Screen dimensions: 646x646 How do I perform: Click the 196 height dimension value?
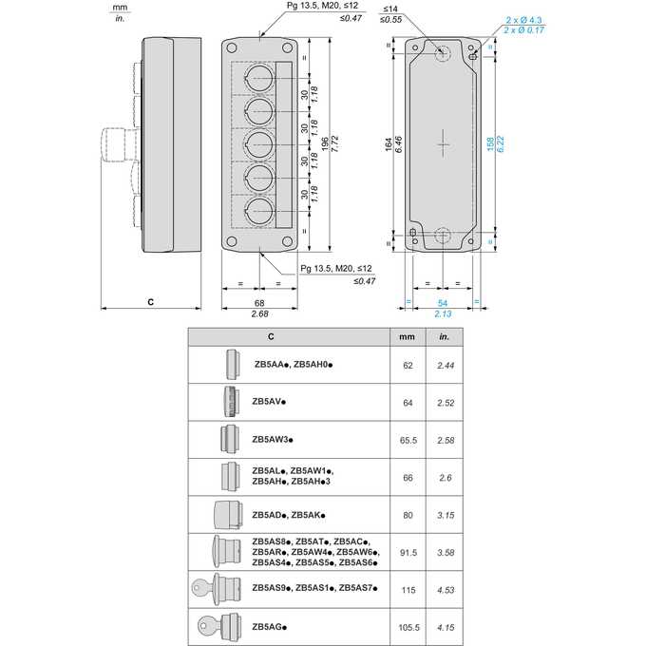click(325, 144)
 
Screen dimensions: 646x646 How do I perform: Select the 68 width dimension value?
click(259, 303)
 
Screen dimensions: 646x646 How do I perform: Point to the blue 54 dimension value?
click(443, 303)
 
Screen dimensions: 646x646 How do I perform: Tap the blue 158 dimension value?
click(490, 144)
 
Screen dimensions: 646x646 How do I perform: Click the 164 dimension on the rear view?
click(389, 144)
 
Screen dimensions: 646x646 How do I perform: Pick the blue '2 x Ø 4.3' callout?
click(523, 20)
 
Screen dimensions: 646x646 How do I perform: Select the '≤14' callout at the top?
click(390, 9)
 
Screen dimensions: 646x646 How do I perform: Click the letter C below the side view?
click(151, 302)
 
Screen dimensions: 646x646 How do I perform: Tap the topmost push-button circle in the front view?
click(258, 78)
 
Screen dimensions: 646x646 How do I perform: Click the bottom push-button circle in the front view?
click(258, 211)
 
